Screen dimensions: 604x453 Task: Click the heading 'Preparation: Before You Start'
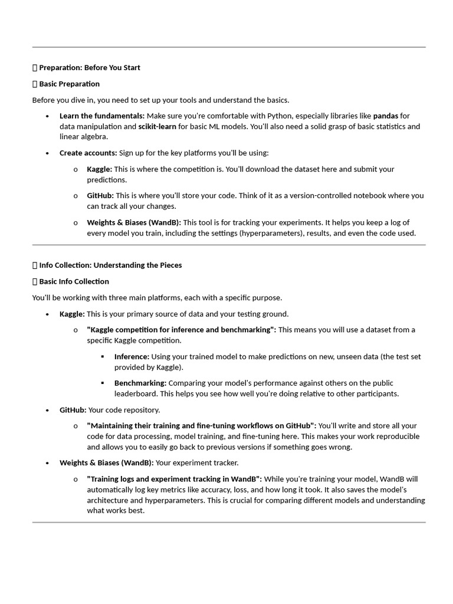click(90, 68)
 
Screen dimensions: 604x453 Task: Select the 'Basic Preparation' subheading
click(69, 84)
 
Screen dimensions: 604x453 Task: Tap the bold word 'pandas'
click(385, 116)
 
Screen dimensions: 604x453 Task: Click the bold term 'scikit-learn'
click(157, 126)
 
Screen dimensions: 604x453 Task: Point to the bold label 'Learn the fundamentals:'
click(102, 116)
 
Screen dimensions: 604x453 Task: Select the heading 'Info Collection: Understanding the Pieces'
click(110, 265)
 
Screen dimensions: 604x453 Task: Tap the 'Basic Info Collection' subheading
click(74, 281)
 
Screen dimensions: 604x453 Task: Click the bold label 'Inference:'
click(132, 356)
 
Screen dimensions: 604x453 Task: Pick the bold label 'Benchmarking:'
click(140, 383)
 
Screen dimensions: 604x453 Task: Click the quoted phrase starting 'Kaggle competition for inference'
click(181, 330)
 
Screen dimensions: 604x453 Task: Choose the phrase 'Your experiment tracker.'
click(197, 462)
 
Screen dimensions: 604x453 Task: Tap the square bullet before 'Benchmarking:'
click(103, 383)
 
